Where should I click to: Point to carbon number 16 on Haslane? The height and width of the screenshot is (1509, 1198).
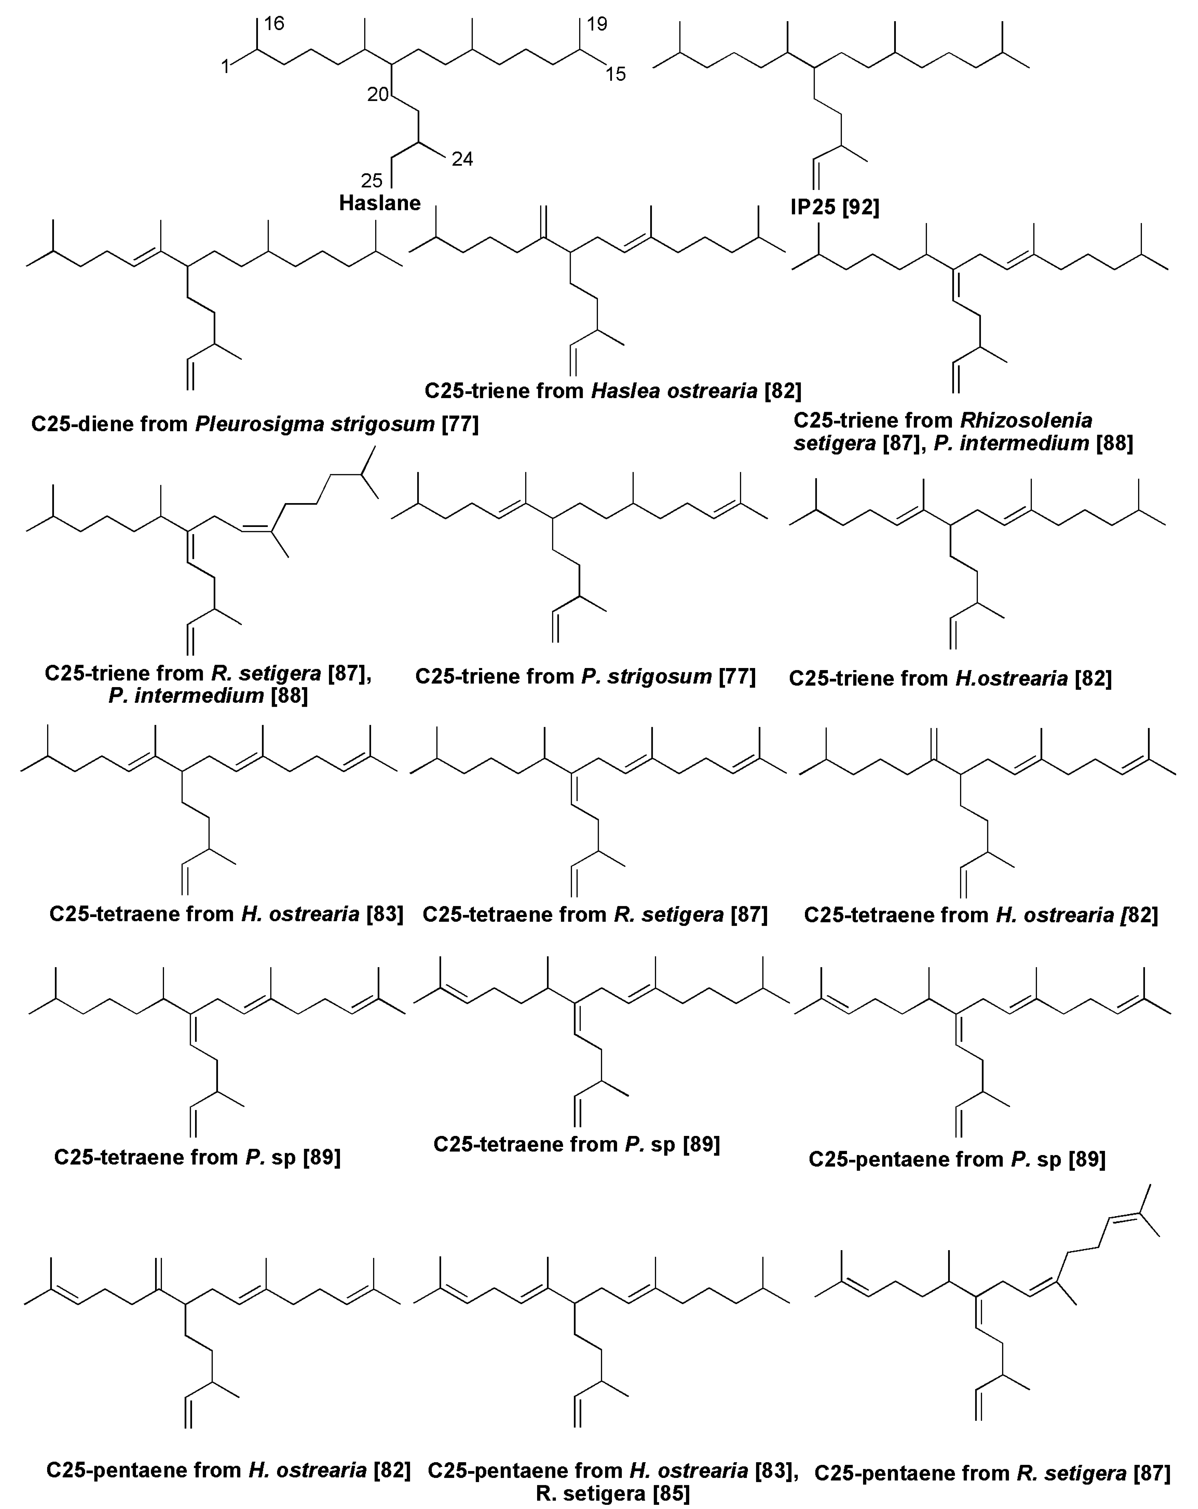274,24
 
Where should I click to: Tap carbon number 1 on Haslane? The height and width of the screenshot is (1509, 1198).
225,67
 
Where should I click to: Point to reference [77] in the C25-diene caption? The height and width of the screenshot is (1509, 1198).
460,424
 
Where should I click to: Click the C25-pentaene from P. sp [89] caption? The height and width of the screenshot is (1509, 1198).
956,1159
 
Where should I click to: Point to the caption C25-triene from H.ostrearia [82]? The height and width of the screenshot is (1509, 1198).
950,678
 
